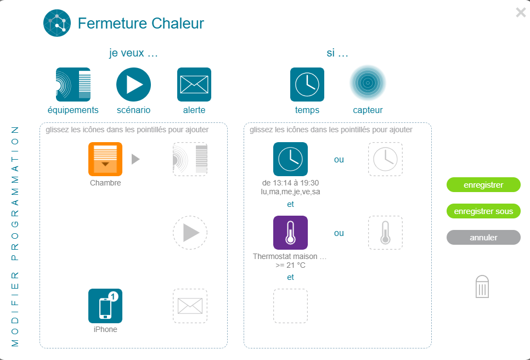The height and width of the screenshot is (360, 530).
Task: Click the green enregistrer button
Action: tap(483, 184)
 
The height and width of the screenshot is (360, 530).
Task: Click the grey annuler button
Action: tap(483, 237)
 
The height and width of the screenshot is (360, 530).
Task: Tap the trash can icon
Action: tap(482, 286)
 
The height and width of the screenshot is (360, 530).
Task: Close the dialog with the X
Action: tap(521, 13)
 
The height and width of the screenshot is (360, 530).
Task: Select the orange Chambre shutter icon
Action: tap(105, 159)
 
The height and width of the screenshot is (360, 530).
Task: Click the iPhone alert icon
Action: tap(105, 306)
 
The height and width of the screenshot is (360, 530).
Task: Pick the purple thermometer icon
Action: tap(290, 233)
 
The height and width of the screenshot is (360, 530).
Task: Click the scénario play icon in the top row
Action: tap(133, 85)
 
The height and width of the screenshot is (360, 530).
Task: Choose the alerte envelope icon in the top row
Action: tap(194, 85)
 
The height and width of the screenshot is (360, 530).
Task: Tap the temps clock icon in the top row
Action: tap(307, 85)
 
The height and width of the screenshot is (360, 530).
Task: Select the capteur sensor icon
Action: tap(368, 83)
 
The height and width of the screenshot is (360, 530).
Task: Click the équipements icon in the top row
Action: tap(73, 85)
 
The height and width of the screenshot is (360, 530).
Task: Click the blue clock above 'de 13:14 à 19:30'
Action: tap(290, 159)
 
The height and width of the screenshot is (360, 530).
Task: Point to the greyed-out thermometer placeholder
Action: tap(385, 233)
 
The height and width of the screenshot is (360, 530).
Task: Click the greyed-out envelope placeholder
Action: tap(190, 306)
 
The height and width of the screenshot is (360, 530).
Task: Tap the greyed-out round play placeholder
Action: tap(190, 233)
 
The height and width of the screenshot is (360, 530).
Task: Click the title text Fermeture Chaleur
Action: tap(140, 24)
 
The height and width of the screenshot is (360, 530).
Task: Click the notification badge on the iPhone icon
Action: tap(113, 296)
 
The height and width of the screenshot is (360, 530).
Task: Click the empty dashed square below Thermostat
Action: tap(290, 306)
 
